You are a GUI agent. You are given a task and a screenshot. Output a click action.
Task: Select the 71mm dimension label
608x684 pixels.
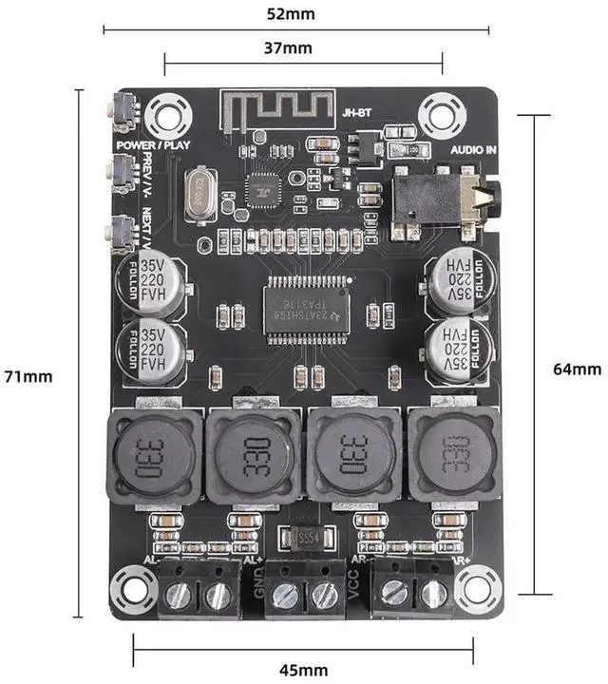[28, 375]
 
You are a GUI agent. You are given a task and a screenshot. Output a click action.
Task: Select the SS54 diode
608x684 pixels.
[306, 539]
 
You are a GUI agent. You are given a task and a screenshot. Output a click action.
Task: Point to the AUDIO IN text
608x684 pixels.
[474, 148]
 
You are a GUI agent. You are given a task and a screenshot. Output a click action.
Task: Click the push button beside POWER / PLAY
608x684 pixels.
[122, 112]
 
